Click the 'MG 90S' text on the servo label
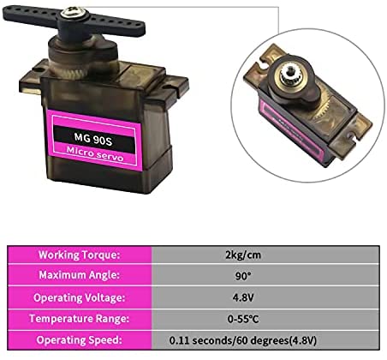coord(93,139)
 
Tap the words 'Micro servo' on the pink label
coord(95,154)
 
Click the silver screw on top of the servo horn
coord(72,12)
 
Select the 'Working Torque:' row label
coord(78,255)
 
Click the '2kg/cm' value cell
coord(243,255)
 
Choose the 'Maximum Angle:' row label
coord(78,275)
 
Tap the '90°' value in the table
coord(243,276)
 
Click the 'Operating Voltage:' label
coord(79,297)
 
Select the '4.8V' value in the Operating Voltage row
coord(243,297)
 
